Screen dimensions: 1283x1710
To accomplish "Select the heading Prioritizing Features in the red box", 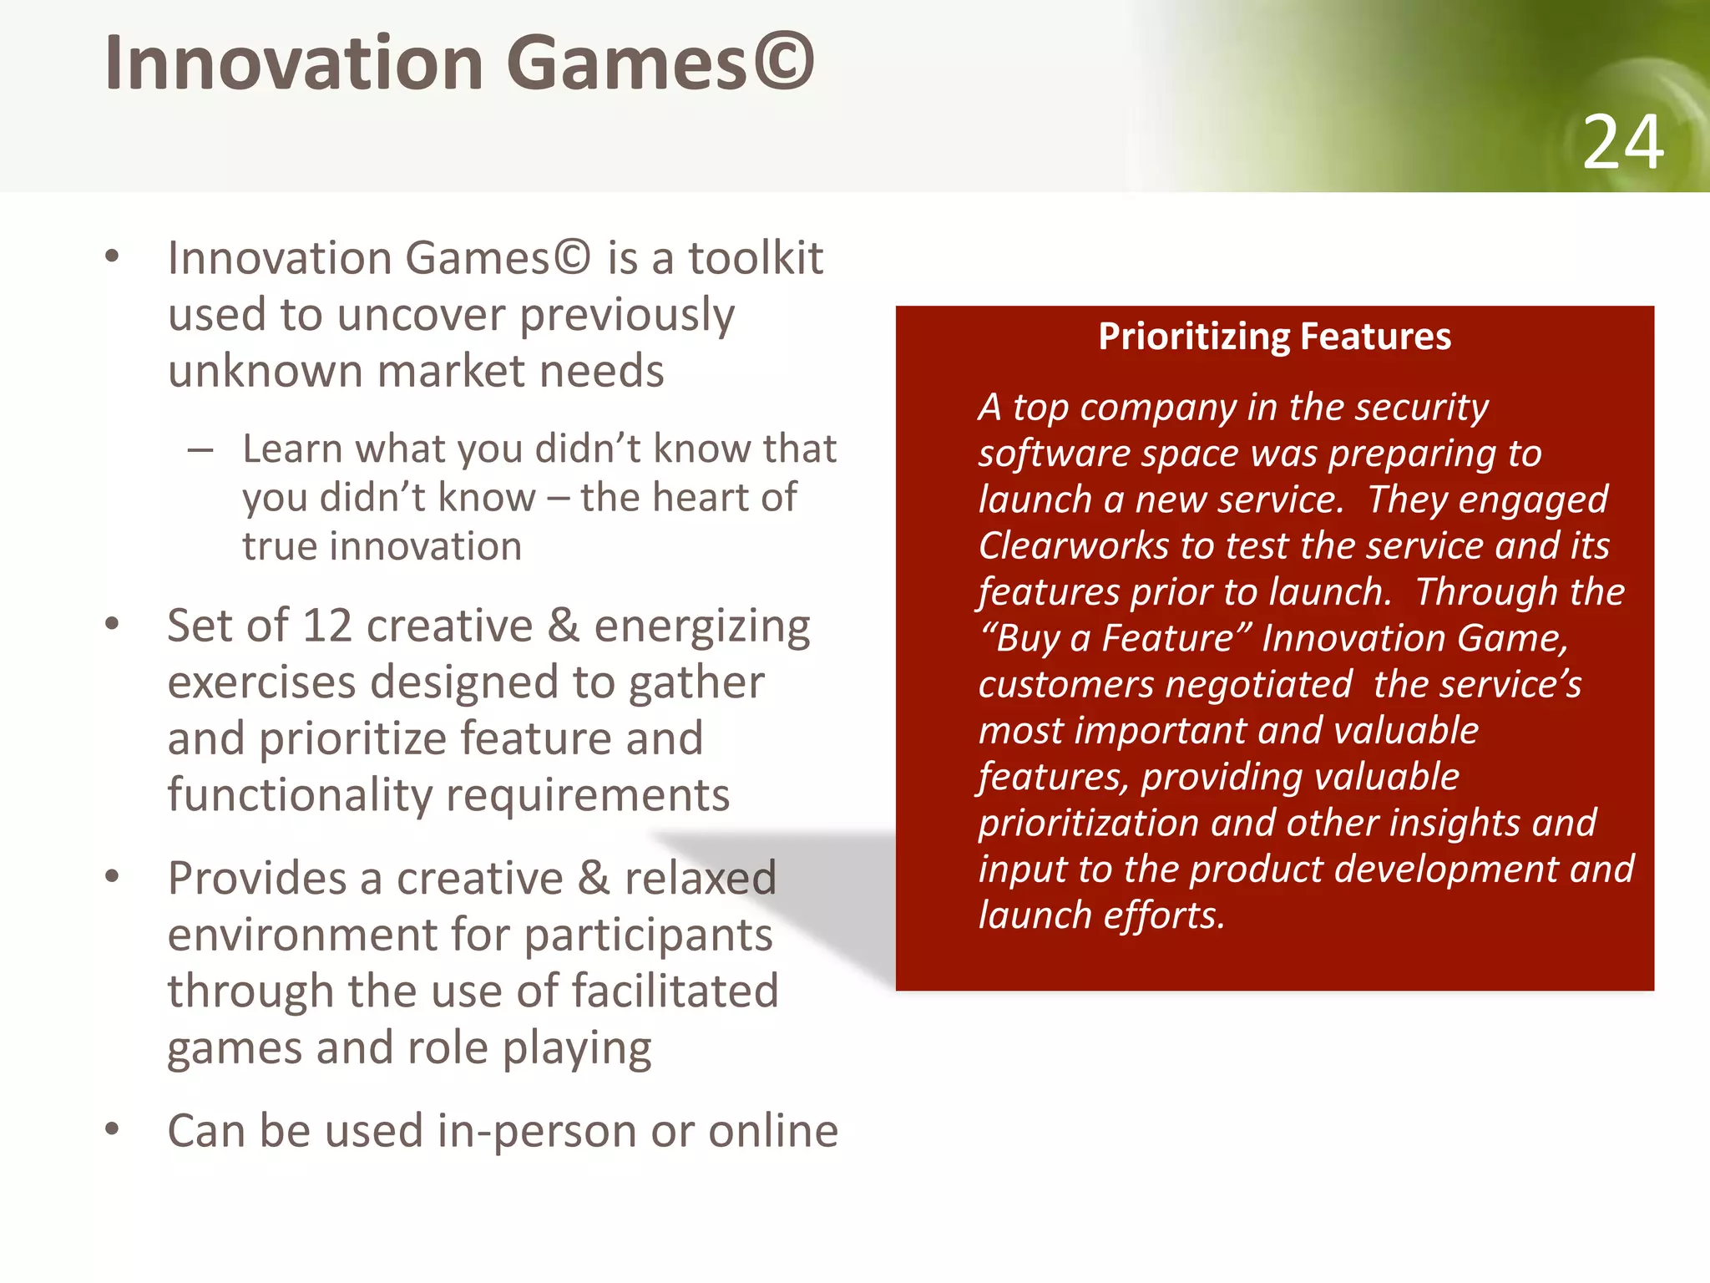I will [1274, 337].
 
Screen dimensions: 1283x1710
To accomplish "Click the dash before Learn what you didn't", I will [200, 451].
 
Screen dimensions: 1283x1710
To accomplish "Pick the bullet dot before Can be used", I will [113, 1129].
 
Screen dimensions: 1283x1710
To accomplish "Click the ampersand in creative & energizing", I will [564, 626].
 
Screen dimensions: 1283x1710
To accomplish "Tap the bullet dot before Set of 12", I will [113, 625].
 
